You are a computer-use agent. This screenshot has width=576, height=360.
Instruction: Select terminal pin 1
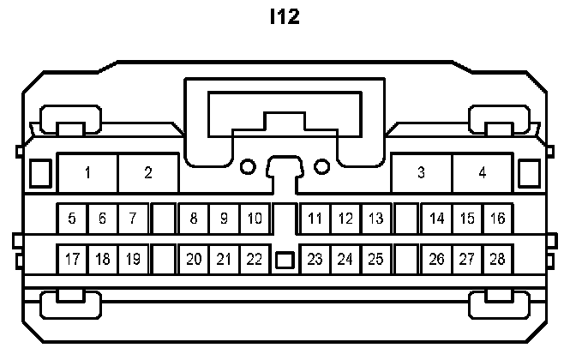(87, 173)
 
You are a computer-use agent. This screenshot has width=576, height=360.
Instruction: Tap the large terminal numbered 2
(148, 173)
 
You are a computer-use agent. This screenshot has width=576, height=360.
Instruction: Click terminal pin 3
(421, 173)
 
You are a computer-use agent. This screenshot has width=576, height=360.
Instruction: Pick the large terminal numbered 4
(483, 173)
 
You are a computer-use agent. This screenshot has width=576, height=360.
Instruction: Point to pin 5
(72, 219)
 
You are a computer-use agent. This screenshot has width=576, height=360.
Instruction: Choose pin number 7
(133, 219)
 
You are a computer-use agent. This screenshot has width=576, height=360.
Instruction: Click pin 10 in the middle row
(255, 219)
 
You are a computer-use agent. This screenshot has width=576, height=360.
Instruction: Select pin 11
(315, 219)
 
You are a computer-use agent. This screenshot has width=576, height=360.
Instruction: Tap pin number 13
(375, 219)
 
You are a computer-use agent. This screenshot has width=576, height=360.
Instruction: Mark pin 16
(497, 219)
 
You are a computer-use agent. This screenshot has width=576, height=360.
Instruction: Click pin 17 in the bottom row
(72, 259)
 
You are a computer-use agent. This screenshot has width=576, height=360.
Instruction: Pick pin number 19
(133, 259)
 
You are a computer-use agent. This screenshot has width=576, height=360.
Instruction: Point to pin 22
(255, 259)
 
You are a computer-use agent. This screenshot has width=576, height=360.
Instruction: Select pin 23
(315, 259)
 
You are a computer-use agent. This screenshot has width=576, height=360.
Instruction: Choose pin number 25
(375, 259)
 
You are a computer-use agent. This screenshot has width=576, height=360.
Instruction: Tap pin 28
(497, 259)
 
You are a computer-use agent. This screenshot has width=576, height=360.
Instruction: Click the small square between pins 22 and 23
(285, 259)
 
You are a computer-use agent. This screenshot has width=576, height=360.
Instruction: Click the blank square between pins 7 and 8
(163, 219)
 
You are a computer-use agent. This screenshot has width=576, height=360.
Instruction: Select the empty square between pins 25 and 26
(406, 259)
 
